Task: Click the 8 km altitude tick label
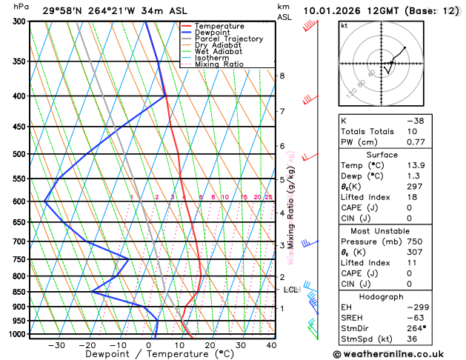click(282, 76)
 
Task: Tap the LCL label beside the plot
click(290, 290)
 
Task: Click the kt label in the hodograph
click(344, 26)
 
